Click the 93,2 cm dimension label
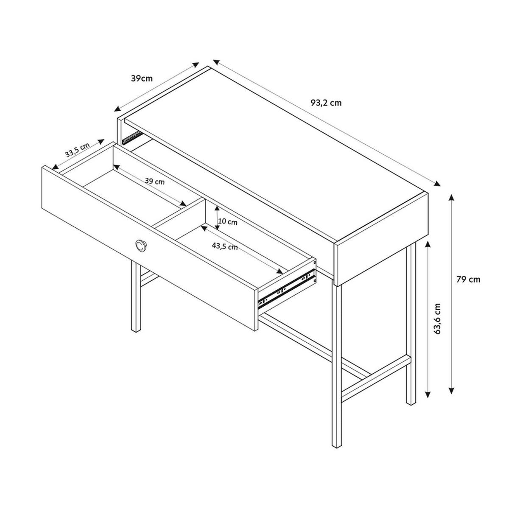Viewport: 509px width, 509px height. pyautogui.click(x=326, y=103)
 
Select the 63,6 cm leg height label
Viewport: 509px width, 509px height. pyautogui.click(x=437, y=319)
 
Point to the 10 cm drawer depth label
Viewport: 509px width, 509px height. pyautogui.click(x=228, y=222)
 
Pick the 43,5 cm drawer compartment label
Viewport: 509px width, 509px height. pyautogui.click(x=225, y=247)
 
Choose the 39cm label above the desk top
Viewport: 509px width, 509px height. pyautogui.click(x=142, y=78)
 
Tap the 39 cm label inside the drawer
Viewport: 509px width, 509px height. pyautogui.click(x=154, y=182)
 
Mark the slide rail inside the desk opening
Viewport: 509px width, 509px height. pyautogui.click(x=132, y=138)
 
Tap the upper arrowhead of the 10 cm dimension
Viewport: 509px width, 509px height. pyautogui.click(x=217, y=208)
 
